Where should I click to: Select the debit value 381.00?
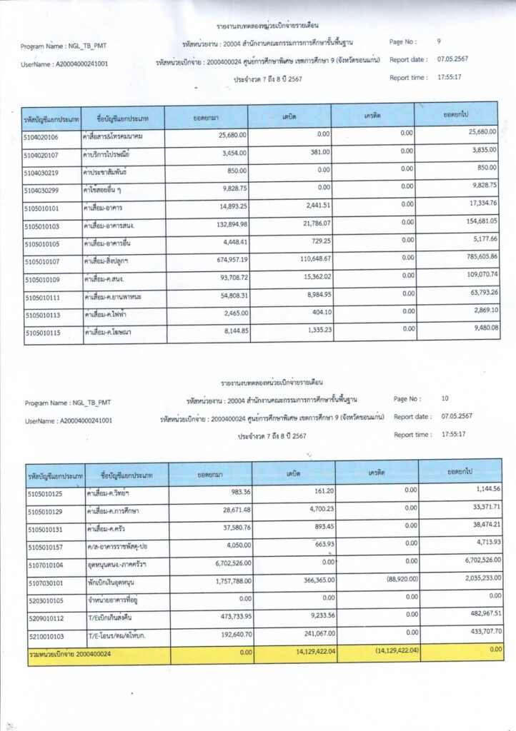click(315, 152)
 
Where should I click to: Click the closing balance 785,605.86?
click(479, 256)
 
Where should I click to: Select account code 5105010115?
click(42, 333)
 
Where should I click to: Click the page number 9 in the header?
click(439, 42)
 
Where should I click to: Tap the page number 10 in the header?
click(445, 398)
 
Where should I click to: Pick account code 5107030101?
click(45, 584)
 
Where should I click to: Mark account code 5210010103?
click(45, 635)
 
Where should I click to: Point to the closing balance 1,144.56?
click(482, 490)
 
